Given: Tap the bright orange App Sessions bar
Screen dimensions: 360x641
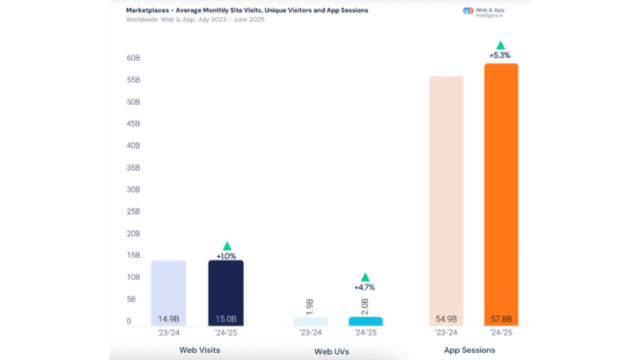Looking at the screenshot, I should click(500, 194).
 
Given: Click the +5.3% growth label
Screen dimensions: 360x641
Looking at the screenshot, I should click(500, 55).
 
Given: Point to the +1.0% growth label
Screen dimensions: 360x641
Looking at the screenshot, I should click(226, 255).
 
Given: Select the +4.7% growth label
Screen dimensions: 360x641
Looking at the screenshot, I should click(365, 286).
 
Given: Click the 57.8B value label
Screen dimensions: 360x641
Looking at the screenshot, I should click(500, 318).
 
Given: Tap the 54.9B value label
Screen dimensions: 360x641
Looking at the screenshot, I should click(446, 318).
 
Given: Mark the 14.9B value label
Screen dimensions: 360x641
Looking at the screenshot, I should click(168, 318).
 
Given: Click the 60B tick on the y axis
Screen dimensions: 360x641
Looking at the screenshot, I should click(134, 58).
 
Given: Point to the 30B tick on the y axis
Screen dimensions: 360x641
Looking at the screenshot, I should click(134, 189).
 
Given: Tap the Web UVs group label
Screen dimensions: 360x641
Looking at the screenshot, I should click(335, 351).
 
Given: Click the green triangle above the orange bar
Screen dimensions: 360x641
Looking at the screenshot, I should click(500, 45).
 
